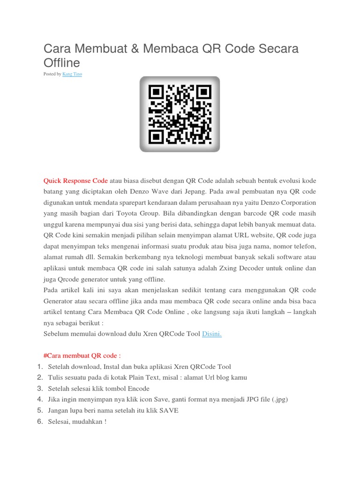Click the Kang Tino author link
coord(72,74)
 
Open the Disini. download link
coord(211,334)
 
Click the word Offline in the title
coord(62,63)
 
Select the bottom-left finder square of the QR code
coord(156,136)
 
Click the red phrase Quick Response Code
coord(75,181)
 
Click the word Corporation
coord(295,202)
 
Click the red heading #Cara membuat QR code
coord(82,356)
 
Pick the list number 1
coord(39,367)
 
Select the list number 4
coord(39,399)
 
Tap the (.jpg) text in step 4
coord(278,399)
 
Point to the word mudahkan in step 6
coord(89,421)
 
